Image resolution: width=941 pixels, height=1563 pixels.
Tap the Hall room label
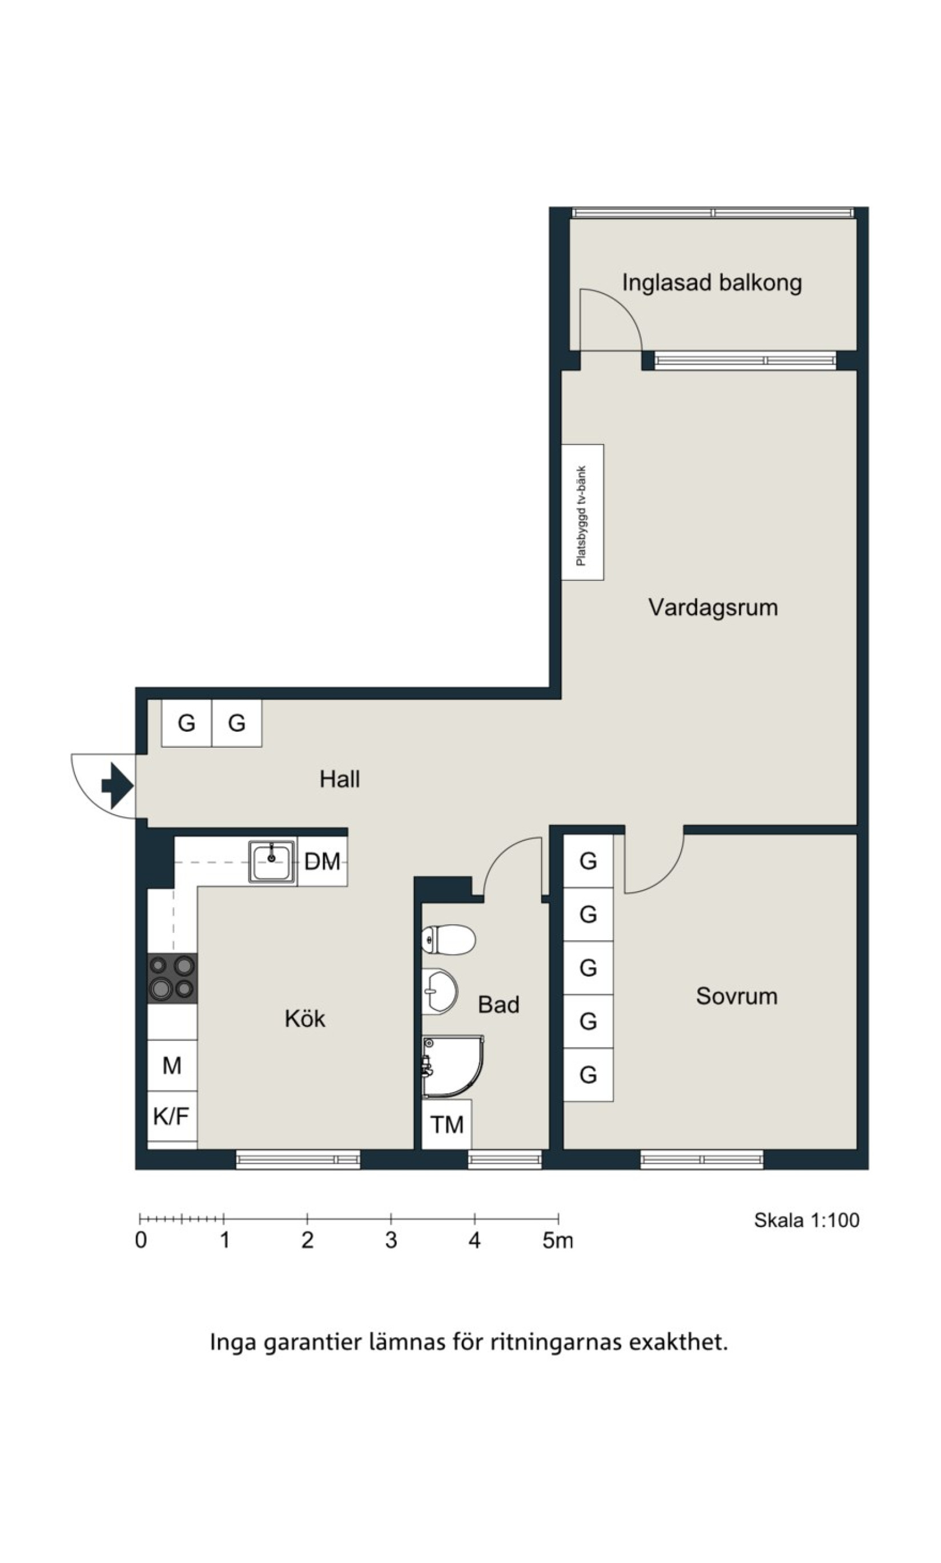tap(340, 779)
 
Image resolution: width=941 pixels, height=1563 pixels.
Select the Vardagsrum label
tap(713, 608)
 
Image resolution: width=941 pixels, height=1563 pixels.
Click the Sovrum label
tap(737, 996)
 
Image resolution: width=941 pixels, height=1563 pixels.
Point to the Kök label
tap(305, 1019)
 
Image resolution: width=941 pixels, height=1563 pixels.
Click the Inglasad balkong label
tap(711, 283)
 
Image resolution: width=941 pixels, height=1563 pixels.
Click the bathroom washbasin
tap(439, 991)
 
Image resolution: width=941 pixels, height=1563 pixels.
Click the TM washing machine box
tap(447, 1125)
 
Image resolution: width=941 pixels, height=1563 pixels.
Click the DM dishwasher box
tap(322, 861)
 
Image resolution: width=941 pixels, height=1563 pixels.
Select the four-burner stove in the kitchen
tap(172, 979)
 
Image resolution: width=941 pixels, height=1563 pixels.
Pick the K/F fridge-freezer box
tap(172, 1116)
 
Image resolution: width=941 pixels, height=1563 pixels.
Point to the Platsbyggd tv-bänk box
tap(582, 512)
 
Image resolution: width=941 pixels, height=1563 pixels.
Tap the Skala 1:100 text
tap(807, 1220)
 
